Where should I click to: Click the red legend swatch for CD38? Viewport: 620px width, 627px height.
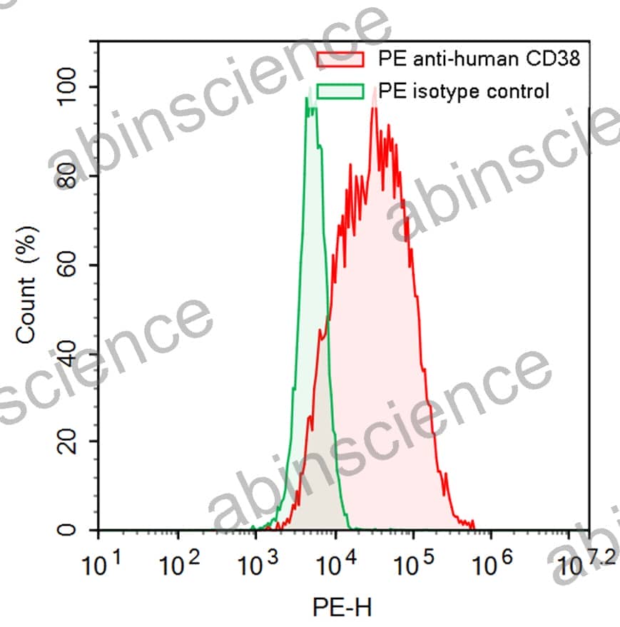click(340, 58)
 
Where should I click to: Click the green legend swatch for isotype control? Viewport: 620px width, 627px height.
click(340, 91)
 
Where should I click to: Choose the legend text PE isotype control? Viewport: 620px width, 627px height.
click(464, 91)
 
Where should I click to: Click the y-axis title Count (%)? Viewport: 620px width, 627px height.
click(27, 282)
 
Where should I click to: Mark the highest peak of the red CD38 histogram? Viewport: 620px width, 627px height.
click(374, 108)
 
